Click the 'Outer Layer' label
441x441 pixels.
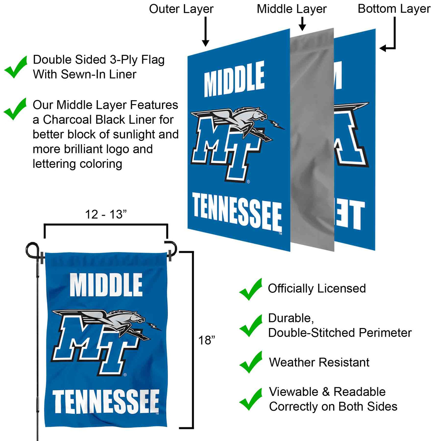coord(181,9)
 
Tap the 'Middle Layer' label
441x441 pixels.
coord(291,9)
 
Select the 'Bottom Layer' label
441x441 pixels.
coord(394,9)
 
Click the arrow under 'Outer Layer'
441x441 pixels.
coord(205,31)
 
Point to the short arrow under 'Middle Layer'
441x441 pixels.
coord(302,24)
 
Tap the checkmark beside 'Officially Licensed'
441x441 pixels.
coord(251,289)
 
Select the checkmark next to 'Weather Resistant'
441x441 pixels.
coord(251,362)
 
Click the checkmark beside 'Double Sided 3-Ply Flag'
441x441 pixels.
coord(16,67)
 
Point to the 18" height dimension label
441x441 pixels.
coord(206,340)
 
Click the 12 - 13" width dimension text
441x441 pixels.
coord(106,214)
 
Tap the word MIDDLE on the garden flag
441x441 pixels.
coord(106,285)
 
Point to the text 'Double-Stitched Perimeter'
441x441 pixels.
coord(340,333)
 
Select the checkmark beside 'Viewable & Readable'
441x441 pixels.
coord(251,399)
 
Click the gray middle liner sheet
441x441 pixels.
coord(312,140)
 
